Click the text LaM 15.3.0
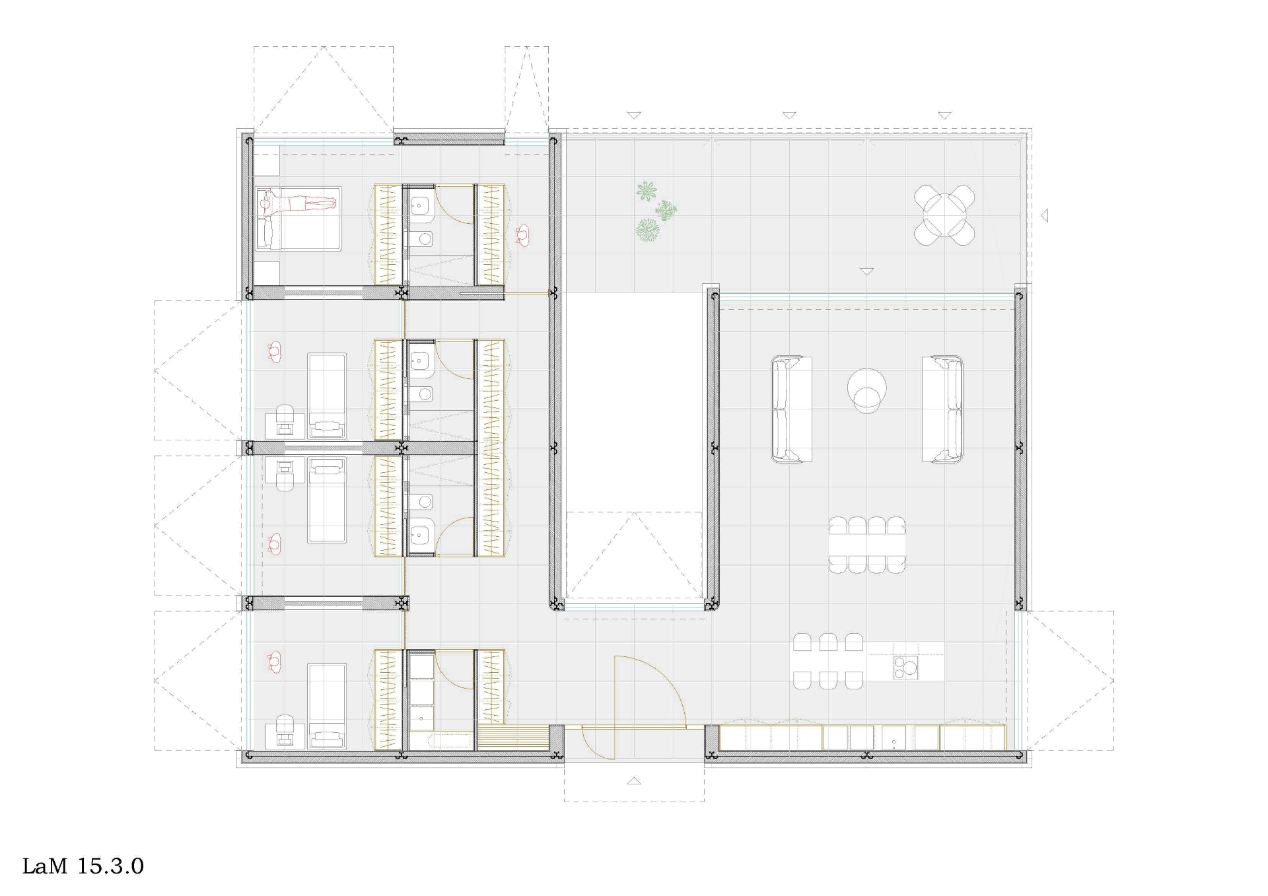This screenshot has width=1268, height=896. [x=83, y=866]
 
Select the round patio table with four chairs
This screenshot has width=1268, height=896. [x=944, y=215]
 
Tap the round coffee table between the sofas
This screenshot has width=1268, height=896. [x=866, y=390]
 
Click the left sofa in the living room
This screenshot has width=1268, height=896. [x=791, y=409]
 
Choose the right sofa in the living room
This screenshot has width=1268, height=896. [x=942, y=409]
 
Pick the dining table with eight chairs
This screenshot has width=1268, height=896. [x=867, y=545]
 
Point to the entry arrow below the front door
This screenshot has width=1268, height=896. [x=634, y=781]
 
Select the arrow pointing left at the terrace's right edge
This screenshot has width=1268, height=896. [x=1044, y=215]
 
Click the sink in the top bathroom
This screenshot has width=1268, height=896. [x=420, y=205]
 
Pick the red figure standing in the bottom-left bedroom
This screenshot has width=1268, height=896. [x=275, y=662]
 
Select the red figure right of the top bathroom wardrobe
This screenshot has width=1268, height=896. [x=523, y=236]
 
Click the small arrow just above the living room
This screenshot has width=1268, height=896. [x=866, y=271]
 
